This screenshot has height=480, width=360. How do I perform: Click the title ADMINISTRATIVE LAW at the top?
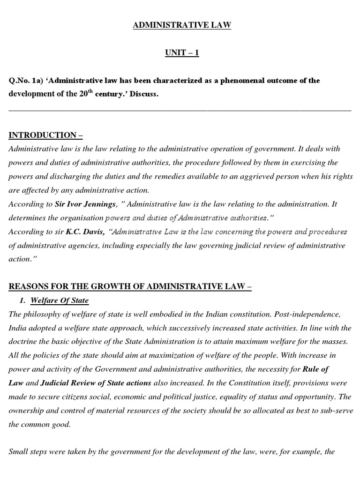point(182,25)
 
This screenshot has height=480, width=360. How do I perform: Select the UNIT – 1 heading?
point(182,53)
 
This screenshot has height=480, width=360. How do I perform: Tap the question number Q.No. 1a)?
point(26,81)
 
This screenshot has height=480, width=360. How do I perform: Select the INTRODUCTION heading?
point(46,135)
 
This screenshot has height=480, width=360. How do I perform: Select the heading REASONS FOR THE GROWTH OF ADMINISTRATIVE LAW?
point(130,287)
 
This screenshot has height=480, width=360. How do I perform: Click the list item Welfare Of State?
point(60,300)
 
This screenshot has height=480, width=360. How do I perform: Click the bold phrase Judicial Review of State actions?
point(96,383)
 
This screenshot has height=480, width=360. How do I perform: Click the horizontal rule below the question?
point(180,110)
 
